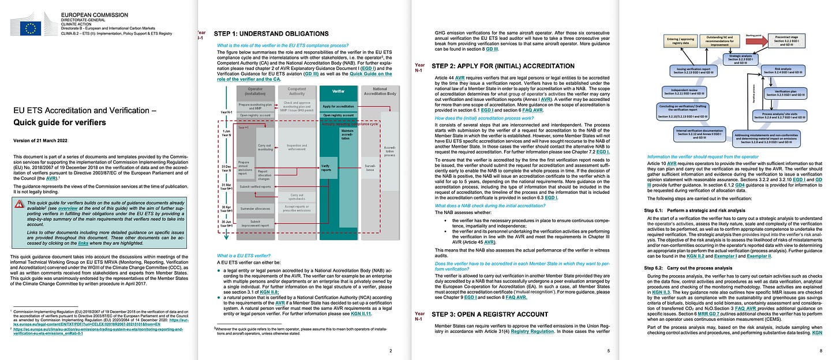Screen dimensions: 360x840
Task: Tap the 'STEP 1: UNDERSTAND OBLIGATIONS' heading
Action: coord(271,33)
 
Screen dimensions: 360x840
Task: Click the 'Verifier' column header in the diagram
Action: coord(338,91)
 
